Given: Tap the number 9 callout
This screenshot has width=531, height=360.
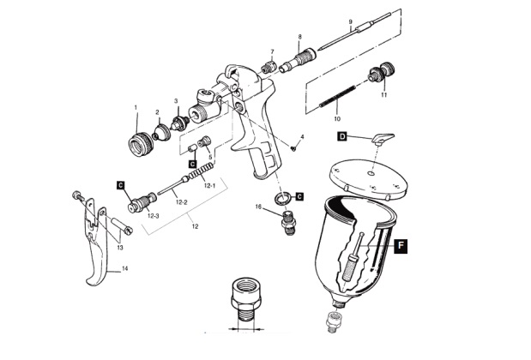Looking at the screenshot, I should (x=351, y=21).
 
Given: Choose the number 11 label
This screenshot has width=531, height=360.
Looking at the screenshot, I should (x=383, y=95).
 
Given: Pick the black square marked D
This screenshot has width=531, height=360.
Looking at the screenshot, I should (x=341, y=136).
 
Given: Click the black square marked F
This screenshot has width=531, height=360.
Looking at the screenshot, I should (x=401, y=244).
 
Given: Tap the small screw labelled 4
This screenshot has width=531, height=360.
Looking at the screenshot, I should (x=293, y=147).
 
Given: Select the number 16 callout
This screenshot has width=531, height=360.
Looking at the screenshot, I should (x=257, y=207).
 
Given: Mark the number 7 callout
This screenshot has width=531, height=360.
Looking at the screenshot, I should (x=272, y=51).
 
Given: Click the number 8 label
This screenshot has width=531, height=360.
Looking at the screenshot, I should (x=299, y=36).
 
